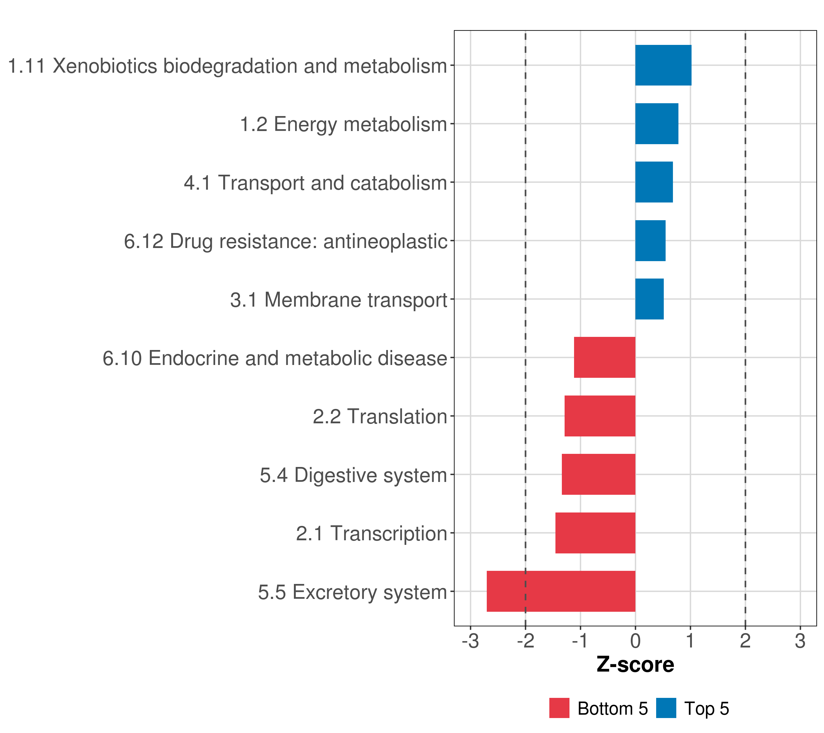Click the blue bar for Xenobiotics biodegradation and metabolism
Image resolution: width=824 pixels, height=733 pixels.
click(663, 65)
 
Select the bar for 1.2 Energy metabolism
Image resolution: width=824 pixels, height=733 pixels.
click(657, 124)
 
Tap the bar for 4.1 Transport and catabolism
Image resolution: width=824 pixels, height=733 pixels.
click(654, 182)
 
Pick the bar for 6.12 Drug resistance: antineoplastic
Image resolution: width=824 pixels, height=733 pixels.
click(650, 241)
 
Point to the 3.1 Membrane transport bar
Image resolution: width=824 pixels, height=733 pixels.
click(649, 299)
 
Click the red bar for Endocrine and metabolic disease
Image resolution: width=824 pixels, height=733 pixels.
click(605, 357)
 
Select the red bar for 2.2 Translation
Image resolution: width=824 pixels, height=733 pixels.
click(600, 416)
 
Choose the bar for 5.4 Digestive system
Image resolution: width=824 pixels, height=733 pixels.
click(599, 474)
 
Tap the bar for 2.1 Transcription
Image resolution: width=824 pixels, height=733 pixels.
click(595, 533)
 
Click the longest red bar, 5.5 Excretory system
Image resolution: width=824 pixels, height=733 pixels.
click(561, 591)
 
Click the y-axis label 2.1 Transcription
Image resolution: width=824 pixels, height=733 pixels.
click(372, 534)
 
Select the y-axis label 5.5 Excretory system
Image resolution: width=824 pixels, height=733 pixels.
click(353, 592)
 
